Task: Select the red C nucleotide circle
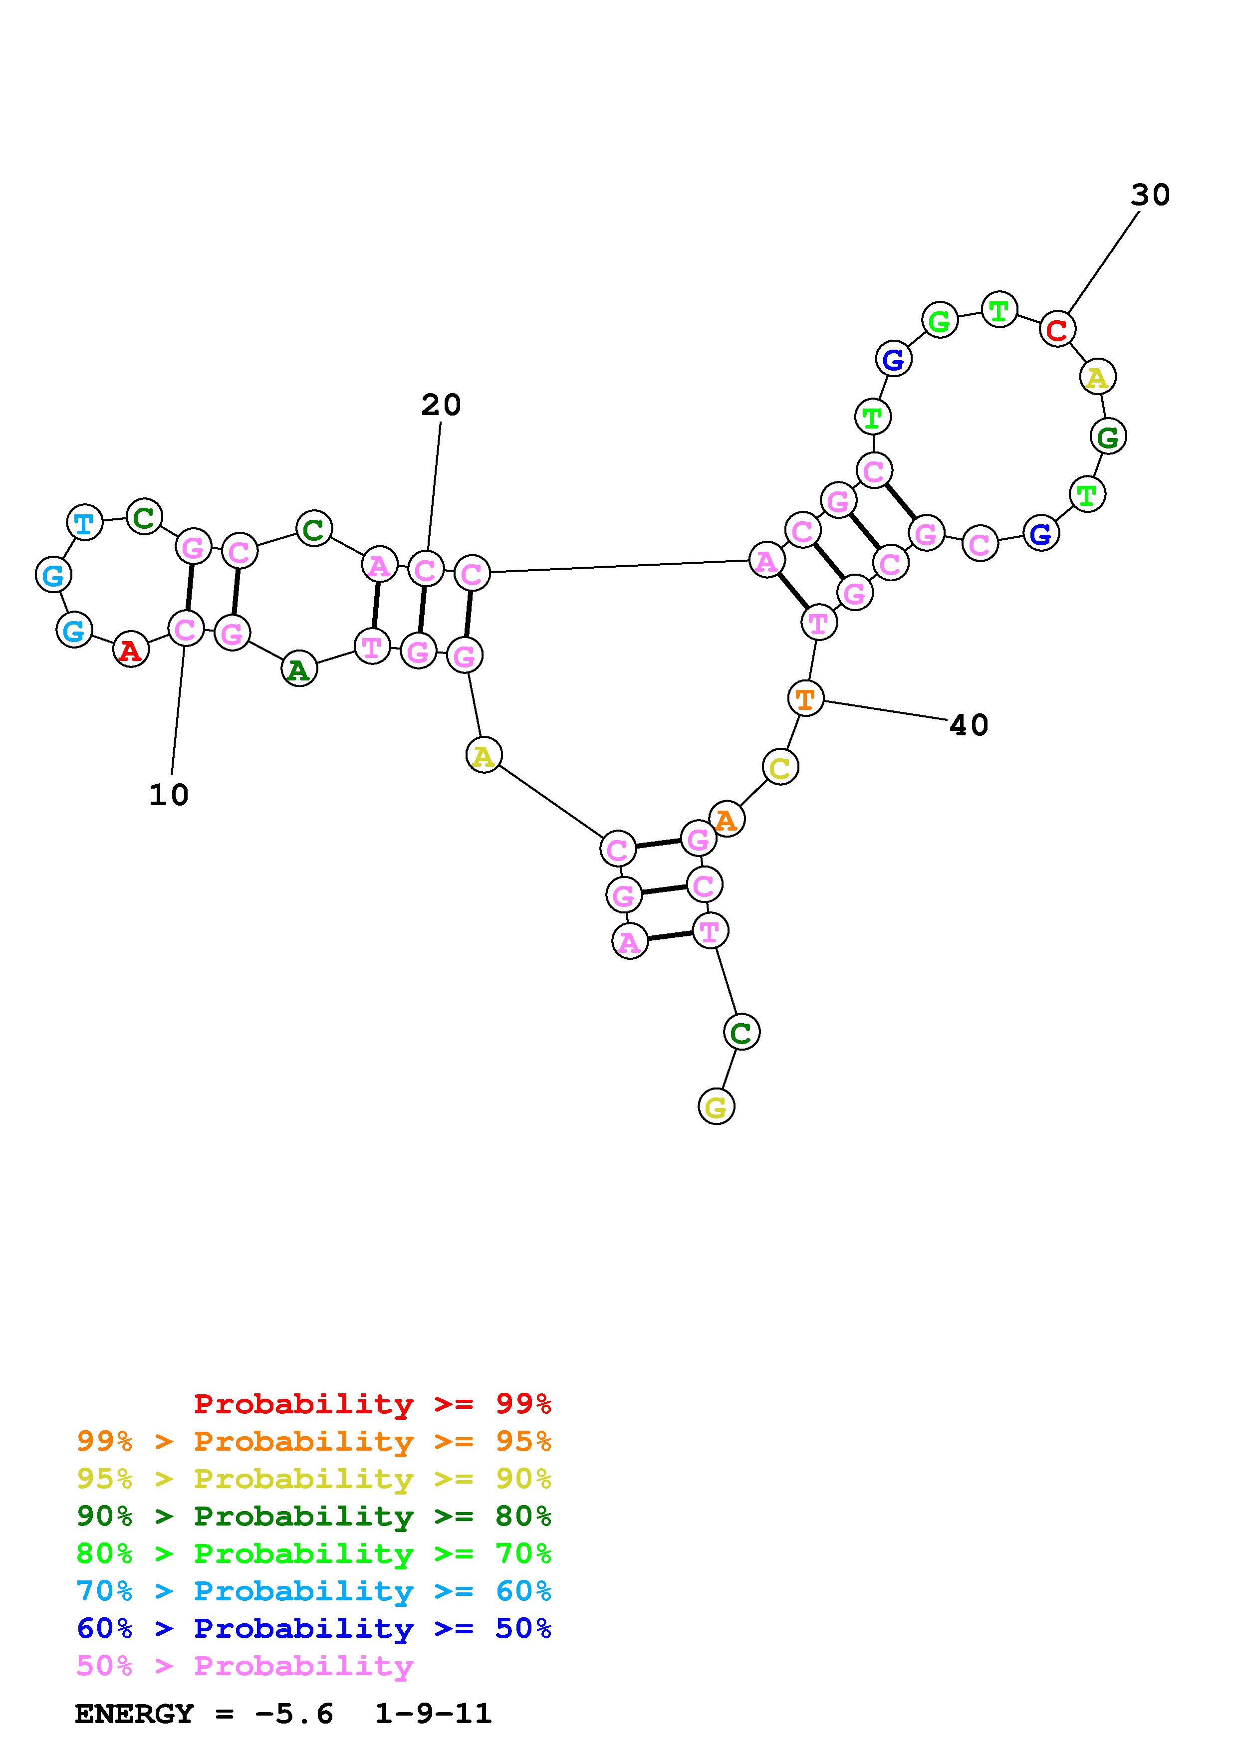[x=1057, y=329]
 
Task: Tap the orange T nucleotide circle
[x=805, y=698]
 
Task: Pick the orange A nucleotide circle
[x=727, y=819]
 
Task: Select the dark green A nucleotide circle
[x=299, y=670]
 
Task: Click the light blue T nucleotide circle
[x=85, y=523]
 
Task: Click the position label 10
[x=169, y=795]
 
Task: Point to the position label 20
[x=441, y=405]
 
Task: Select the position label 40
[x=968, y=725]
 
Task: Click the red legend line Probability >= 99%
[x=372, y=1403]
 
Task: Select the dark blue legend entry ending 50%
[x=314, y=1628]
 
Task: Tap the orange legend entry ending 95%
[x=314, y=1441]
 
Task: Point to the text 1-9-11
[x=433, y=1714]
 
